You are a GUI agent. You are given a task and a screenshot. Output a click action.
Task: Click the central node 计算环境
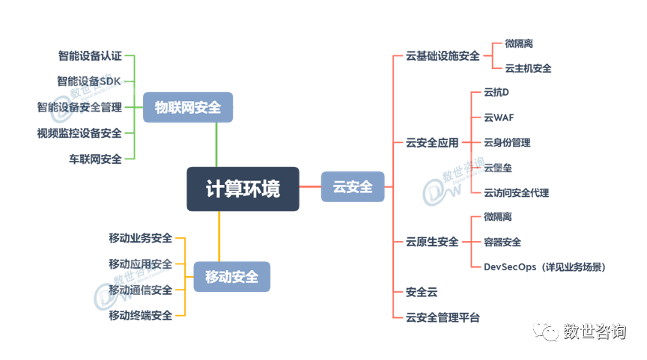pos(243,189)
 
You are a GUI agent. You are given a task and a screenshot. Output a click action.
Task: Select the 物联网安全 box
pos(188,107)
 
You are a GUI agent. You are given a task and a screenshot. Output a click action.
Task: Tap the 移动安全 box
pos(231,277)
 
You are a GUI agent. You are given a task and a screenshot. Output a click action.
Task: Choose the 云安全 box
pos(353,186)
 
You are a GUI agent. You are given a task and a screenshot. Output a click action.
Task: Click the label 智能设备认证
pos(90,55)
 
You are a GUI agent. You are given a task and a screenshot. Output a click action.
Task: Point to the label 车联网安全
pos(95,159)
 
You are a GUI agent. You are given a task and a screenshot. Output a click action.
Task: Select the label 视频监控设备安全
pos(79,133)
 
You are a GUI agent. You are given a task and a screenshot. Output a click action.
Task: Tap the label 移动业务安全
pos(140,238)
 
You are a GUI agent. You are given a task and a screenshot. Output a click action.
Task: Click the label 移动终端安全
pos(140,315)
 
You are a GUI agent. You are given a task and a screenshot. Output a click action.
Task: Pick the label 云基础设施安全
pos(443,55)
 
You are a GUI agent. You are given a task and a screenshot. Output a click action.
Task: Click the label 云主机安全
pos(528,68)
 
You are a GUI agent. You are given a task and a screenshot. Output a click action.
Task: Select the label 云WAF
pos(499,118)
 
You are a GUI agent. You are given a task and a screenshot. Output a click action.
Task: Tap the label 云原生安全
pos(432,242)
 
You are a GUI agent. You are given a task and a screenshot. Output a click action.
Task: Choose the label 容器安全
pos(502,242)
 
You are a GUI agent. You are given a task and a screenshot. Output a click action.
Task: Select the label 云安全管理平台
pos(443,317)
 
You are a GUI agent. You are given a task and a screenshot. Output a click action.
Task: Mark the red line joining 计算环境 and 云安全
pos(310,186)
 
